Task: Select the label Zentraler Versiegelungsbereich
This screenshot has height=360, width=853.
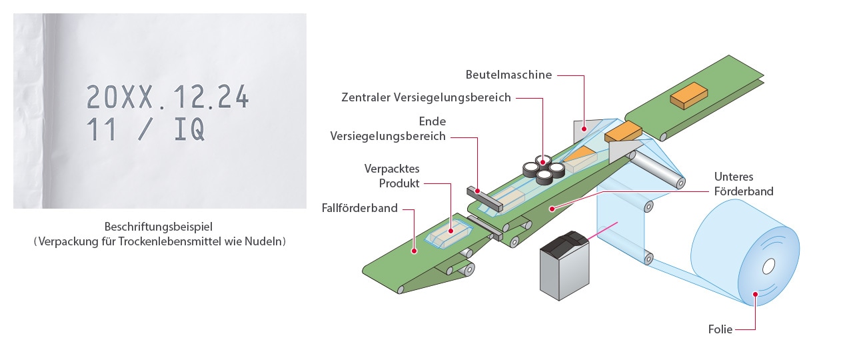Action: coord(426,97)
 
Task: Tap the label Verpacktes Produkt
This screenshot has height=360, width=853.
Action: coord(392,175)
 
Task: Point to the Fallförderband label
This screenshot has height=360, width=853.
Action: coord(359,208)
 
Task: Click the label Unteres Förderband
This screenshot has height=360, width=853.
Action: coord(744,184)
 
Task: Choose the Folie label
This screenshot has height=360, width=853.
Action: coord(720,329)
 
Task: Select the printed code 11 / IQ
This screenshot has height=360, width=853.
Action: coord(145,129)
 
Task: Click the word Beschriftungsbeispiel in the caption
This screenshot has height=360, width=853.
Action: coord(159,227)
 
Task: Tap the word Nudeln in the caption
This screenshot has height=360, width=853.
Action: coord(265,241)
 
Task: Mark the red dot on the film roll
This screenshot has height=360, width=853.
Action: coord(755,293)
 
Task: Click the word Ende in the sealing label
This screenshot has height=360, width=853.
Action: coord(432,121)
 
